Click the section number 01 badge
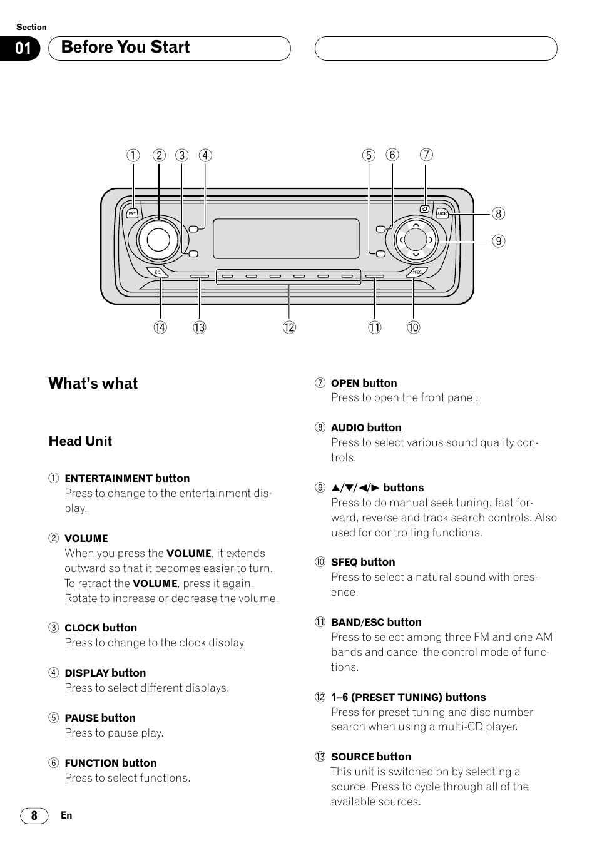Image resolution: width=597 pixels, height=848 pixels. (23, 48)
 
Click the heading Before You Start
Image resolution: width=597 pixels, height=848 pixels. (125, 48)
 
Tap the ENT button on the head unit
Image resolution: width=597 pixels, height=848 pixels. (132, 213)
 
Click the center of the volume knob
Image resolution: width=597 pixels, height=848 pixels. (158, 239)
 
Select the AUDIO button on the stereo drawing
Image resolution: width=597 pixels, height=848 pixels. (442, 213)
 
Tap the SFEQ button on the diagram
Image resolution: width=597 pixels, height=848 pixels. (417, 272)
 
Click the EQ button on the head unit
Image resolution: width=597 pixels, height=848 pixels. (158, 272)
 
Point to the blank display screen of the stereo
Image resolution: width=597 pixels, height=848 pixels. (286, 239)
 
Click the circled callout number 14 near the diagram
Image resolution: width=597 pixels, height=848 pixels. (161, 327)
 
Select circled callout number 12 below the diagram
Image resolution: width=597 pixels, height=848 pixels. (288, 327)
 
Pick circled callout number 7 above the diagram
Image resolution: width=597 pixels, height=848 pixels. (426, 155)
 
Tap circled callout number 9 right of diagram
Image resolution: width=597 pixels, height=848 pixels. (498, 241)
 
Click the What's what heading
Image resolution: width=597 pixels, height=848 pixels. (93, 384)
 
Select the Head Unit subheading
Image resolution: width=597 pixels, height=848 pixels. (80, 441)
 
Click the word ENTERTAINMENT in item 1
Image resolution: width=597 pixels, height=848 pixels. (109, 479)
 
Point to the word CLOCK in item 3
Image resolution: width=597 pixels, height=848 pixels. (82, 628)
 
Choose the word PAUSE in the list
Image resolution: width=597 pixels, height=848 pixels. (81, 718)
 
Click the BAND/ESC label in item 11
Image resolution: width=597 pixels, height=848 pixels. (357, 623)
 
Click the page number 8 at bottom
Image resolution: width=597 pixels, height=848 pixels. (34, 815)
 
